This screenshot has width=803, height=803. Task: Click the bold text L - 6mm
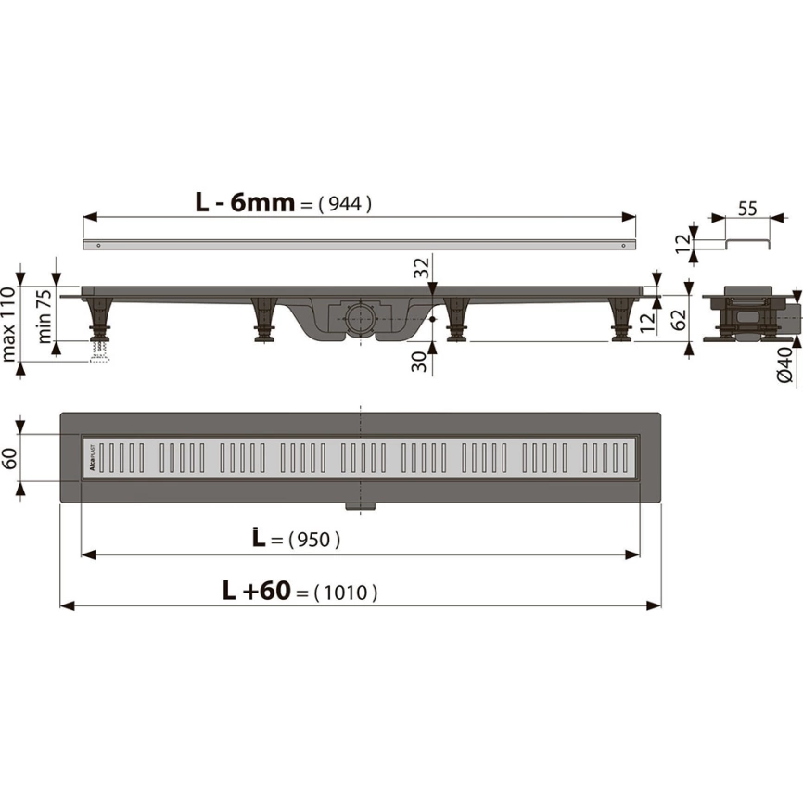(245, 203)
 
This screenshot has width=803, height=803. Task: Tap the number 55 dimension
(747, 209)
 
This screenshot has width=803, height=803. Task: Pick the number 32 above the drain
(421, 267)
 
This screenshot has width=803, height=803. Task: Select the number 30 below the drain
(419, 362)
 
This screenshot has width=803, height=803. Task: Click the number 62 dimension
(678, 318)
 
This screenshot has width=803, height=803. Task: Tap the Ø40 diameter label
(784, 364)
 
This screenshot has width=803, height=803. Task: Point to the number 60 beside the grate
(9, 458)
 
